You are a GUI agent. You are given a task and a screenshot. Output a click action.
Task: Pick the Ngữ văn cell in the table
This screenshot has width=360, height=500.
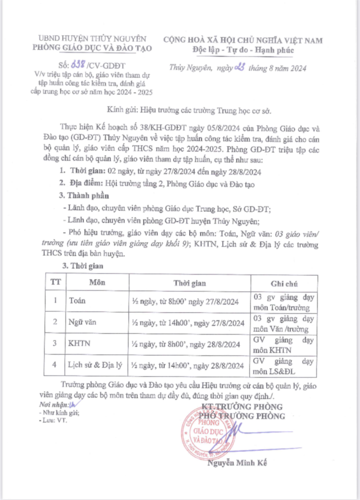point(83,323)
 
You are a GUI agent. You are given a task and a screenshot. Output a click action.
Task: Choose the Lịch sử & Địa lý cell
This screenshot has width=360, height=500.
point(95,366)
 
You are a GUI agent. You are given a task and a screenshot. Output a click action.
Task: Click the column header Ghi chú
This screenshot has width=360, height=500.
point(284,283)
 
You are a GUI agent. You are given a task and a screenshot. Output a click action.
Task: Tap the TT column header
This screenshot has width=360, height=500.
point(55,282)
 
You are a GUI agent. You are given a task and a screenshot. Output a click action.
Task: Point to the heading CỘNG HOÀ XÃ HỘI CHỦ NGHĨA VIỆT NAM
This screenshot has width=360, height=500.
point(243,40)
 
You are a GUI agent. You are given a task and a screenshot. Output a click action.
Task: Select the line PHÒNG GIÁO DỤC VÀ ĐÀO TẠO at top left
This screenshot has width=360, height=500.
point(91,48)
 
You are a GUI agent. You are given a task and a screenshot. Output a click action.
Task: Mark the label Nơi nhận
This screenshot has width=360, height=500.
point(51,404)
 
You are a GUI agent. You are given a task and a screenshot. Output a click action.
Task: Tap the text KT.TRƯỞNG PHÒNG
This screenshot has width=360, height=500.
point(242,406)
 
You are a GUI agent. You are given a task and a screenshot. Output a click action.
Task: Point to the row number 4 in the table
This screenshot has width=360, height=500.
point(55,366)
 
